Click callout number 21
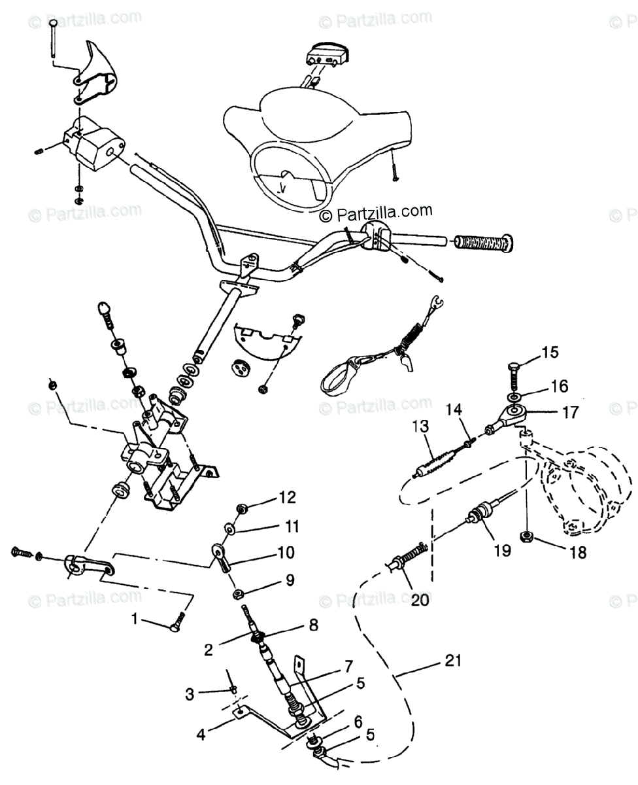[454, 661]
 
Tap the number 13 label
[421, 427]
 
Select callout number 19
[501, 550]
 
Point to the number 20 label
[419, 600]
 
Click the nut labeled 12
[243, 509]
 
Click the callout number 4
[201, 734]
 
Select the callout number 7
[348, 668]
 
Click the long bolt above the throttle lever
[53, 41]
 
